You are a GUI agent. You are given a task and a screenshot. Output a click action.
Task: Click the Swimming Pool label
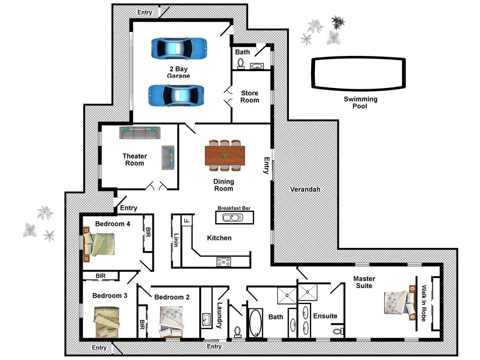360,102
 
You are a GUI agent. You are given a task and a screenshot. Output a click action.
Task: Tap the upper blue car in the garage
179,48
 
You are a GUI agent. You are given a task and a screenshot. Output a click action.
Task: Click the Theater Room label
134,160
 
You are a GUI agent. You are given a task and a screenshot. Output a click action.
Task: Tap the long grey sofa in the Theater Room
139,133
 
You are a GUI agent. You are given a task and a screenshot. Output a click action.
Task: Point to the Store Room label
250,97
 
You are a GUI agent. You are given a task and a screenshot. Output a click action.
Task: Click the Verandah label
305,189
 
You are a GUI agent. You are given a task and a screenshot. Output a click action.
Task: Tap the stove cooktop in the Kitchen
224,262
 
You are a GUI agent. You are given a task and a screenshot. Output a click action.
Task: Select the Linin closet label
176,240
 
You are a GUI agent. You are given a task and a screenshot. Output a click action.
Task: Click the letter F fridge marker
186,220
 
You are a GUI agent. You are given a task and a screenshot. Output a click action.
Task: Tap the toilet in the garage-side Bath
241,63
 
